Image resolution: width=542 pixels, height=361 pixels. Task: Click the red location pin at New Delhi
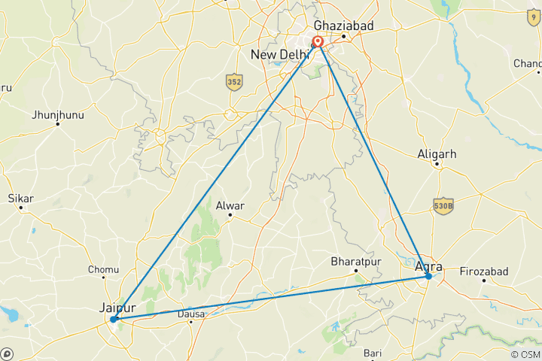318,42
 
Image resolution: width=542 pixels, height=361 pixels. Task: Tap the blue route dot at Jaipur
113,319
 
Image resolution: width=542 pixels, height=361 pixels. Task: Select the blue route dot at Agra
428,276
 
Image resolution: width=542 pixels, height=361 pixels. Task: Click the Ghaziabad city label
343,26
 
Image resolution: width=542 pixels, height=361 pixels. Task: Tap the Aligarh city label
437,154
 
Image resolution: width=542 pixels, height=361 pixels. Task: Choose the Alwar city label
230,204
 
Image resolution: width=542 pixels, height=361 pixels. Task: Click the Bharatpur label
356,262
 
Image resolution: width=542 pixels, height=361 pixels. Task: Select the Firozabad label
485,271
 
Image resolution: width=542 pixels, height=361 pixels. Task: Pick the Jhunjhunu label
58,115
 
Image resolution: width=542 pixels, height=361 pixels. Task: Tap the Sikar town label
20,199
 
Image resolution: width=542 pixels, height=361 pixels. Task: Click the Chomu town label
104,269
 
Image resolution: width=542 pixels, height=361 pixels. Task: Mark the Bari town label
373,352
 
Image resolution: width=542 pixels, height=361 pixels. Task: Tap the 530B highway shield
443,205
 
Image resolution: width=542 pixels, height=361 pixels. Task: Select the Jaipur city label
117,307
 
